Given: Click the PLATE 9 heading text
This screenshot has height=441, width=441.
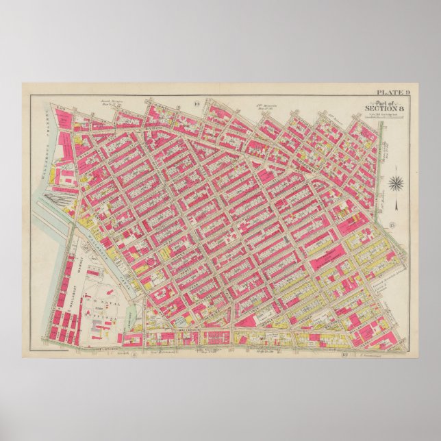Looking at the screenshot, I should click(x=392, y=91).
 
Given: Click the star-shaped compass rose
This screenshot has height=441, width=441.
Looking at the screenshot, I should click(x=395, y=183).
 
